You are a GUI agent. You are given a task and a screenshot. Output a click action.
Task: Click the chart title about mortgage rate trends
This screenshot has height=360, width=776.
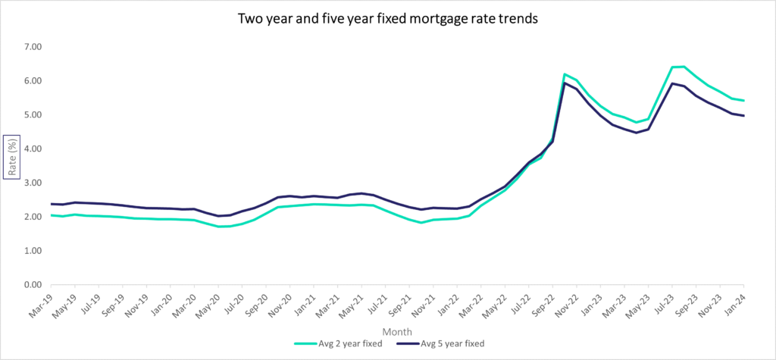tap(387, 19)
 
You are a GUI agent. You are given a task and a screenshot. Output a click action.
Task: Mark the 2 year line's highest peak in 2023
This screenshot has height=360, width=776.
tap(684, 67)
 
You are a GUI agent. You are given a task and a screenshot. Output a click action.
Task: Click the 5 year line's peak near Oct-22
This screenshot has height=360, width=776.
tap(565, 83)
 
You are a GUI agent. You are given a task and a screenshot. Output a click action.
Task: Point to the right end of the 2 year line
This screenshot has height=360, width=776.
tap(743, 101)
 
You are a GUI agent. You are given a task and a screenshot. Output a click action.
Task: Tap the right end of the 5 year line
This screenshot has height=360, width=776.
tap(743, 116)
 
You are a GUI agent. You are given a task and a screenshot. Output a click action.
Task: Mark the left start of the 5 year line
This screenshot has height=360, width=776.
tap(51, 204)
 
